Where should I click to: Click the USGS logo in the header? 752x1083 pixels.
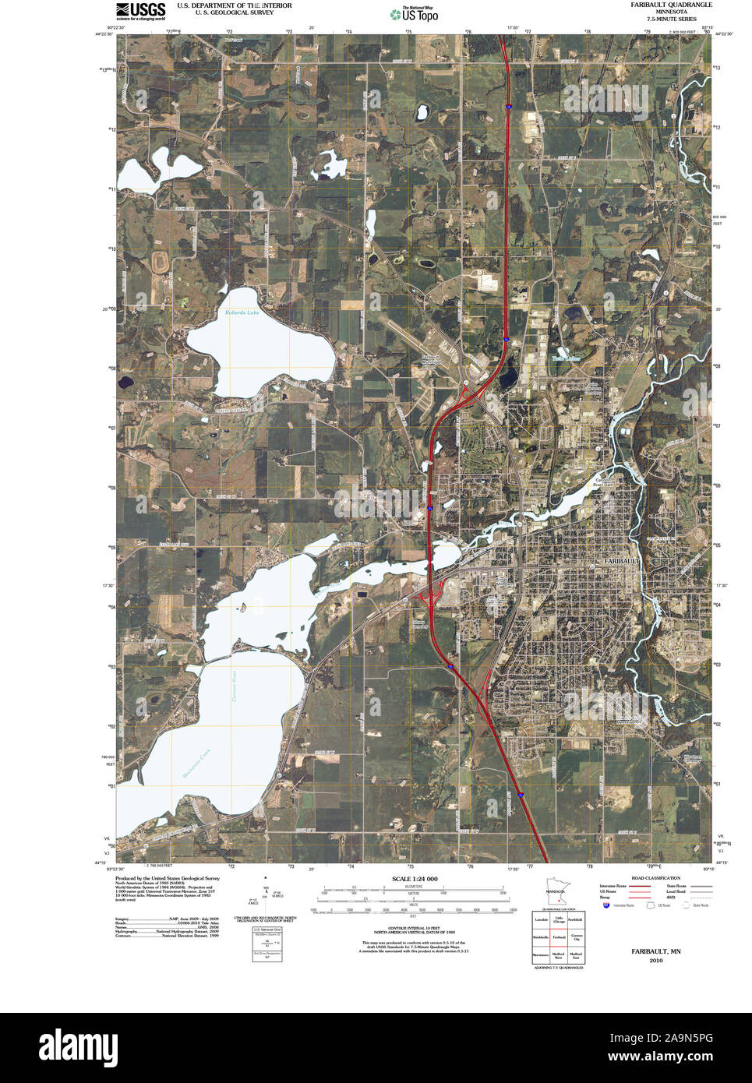pyautogui.click(x=140, y=9)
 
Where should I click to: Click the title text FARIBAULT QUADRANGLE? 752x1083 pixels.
pyautogui.click(x=671, y=5)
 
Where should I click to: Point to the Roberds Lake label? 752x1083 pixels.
pyautogui.click(x=242, y=312)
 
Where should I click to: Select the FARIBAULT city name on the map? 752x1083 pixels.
pyautogui.click(x=621, y=561)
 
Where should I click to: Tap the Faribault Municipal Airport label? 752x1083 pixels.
pyautogui.click(x=431, y=360)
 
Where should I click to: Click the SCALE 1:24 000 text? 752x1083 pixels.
pyautogui.click(x=415, y=879)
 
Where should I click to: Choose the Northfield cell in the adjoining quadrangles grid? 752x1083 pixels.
pyautogui.click(x=576, y=920)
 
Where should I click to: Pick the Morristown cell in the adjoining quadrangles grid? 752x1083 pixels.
pyautogui.click(x=541, y=954)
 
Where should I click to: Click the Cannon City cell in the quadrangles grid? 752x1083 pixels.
pyautogui.click(x=576, y=937)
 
